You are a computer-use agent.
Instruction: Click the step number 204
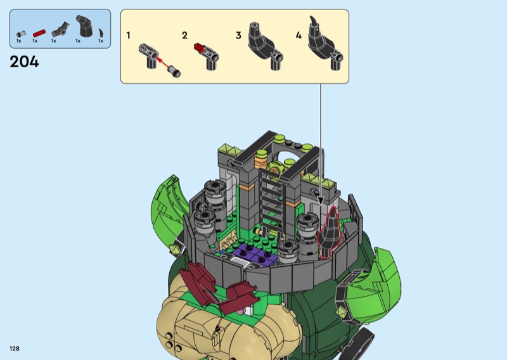coord(24,61)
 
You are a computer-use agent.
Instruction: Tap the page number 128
coord(15,349)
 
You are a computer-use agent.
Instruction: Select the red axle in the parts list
coord(39,33)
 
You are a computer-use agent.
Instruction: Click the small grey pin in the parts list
coord(21,34)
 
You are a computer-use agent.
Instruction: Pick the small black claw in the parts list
coord(101,33)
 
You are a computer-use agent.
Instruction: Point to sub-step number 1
coord(129,35)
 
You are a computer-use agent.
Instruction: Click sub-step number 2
coord(184,35)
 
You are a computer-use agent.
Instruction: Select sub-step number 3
coord(239,35)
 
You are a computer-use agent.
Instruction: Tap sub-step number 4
coord(298,35)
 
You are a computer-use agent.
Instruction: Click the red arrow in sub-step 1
coord(163,63)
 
